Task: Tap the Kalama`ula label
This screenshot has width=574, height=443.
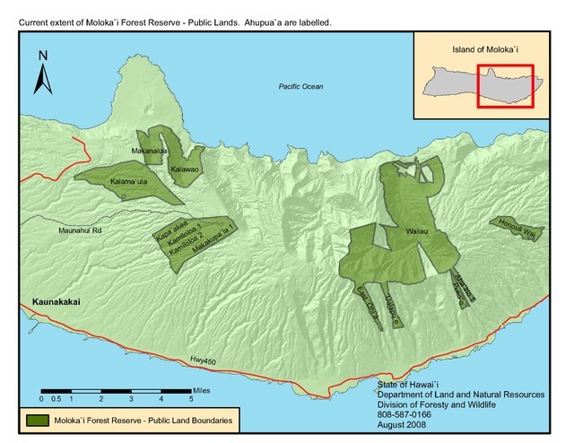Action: coord(128,182)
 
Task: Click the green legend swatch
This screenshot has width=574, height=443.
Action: coord(39,420)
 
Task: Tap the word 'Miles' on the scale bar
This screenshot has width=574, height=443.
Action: coord(204,391)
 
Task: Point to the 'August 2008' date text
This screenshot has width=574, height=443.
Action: coord(408,424)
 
